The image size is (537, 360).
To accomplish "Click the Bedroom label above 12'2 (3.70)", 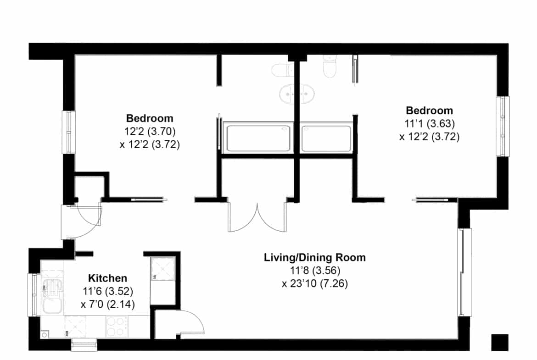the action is click(x=150, y=118).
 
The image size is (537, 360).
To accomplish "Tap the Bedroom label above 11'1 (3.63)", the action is click(x=429, y=111).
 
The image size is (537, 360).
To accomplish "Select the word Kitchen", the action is click(x=107, y=278).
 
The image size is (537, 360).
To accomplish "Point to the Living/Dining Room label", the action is click(x=315, y=257).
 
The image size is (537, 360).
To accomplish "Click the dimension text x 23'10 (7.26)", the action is click(x=315, y=284).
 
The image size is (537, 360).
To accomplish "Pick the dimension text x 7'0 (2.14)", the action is click(x=107, y=304).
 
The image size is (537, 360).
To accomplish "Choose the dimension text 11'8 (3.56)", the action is click(x=315, y=271).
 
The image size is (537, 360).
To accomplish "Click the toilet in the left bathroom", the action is click(x=283, y=70).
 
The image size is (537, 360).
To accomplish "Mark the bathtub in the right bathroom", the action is click(x=326, y=138).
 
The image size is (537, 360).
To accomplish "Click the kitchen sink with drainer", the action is click(x=52, y=292).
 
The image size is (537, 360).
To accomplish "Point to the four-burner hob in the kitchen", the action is click(x=117, y=326).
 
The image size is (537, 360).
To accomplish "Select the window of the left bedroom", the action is click(x=68, y=132).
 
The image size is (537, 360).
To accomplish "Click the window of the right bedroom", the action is click(x=503, y=126).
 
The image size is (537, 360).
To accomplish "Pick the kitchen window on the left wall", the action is click(x=34, y=295).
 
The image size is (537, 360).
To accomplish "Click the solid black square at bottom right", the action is click(x=500, y=342).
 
